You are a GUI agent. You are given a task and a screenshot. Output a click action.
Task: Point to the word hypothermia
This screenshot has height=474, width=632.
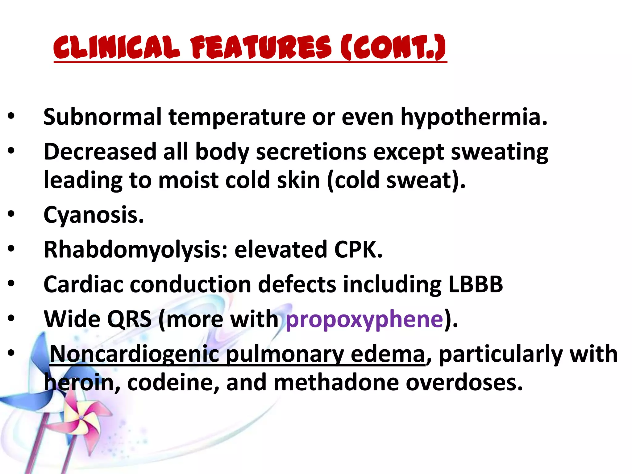[474, 118]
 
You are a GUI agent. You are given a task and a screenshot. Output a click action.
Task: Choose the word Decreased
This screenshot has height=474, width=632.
[100, 152]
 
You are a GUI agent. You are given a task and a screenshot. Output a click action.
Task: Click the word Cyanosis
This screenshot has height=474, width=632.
[94, 215]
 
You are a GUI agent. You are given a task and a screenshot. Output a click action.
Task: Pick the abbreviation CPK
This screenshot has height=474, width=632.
[358, 249]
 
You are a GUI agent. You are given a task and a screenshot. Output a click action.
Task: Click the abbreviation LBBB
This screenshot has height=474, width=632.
[476, 284]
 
